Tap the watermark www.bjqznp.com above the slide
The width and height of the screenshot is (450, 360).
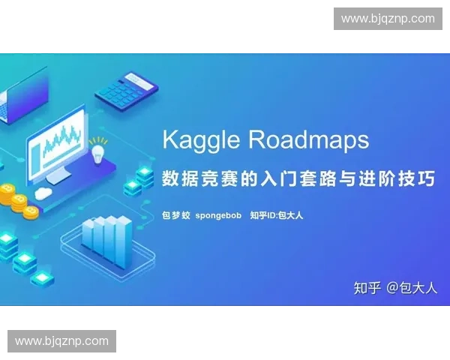pyautogui.click(x=388, y=19)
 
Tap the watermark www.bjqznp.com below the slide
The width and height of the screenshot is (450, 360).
pyautogui.click(x=62, y=341)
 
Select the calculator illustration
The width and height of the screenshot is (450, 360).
pyautogui.click(x=127, y=89)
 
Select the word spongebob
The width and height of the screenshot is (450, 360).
pyautogui.click(x=218, y=216)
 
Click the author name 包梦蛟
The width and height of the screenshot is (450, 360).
pyautogui.click(x=176, y=216)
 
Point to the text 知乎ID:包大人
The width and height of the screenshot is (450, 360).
pyautogui.click(x=277, y=216)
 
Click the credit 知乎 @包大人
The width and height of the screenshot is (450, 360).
pyautogui.click(x=395, y=288)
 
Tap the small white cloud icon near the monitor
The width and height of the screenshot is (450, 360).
pyautogui.click(x=43, y=193)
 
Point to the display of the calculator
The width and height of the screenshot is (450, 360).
pyautogui.click(x=140, y=78)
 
